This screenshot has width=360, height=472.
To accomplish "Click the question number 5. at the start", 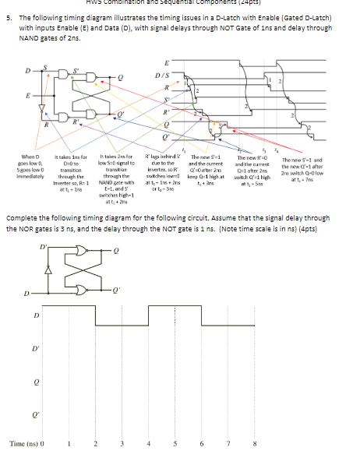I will click(x=10, y=16).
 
